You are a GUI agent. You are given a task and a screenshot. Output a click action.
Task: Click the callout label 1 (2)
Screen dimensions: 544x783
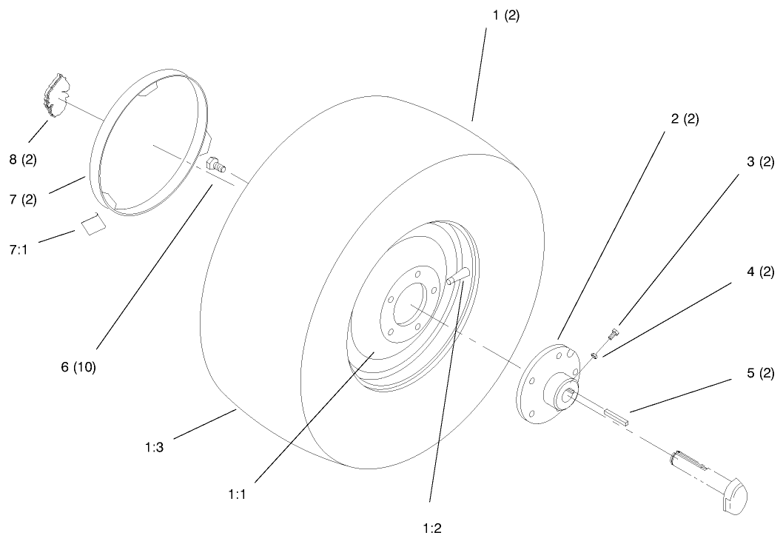[x=503, y=16]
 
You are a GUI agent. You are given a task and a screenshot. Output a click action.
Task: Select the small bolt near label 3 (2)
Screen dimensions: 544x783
[x=612, y=334]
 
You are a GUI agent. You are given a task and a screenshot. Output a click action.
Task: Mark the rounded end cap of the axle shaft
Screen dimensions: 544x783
[x=736, y=494]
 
